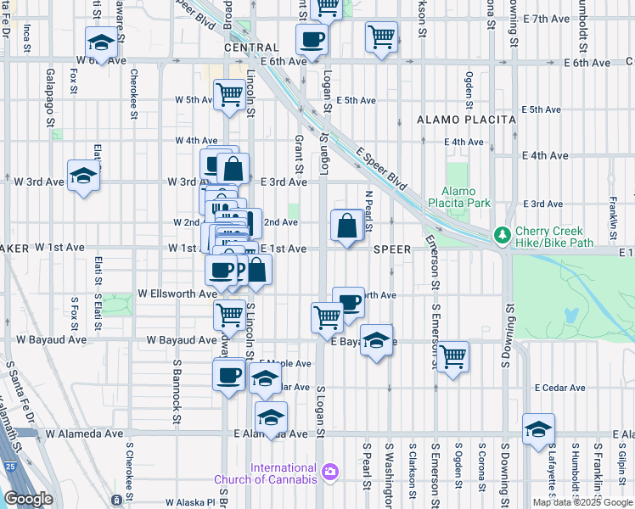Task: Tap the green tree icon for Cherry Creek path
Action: pyautogui.click(x=503, y=234)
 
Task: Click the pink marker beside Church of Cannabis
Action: pyautogui.click(x=330, y=470)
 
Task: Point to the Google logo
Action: pyautogui.click(x=27, y=500)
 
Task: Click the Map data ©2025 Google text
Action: pyautogui.click(x=583, y=502)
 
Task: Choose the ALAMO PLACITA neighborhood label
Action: pyautogui.click(x=466, y=120)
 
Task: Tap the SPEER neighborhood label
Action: pyautogui.click(x=391, y=249)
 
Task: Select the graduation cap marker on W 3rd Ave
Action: pyautogui.click(x=83, y=176)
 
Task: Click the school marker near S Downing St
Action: pyautogui.click(x=538, y=429)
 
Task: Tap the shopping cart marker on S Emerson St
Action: pyautogui.click(x=453, y=355)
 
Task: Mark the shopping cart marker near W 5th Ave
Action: pyautogui.click(x=229, y=95)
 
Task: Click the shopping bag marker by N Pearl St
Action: pyautogui.click(x=346, y=226)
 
